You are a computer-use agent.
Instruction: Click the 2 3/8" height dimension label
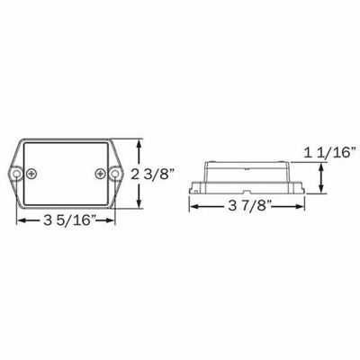tap(152, 173)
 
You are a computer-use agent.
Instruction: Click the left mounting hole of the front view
tap(16, 172)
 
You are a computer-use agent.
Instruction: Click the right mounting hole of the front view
tap(114, 172)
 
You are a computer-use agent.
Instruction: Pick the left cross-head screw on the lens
tap(32, 172)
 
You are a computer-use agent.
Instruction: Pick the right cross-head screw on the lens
tap(98, 172)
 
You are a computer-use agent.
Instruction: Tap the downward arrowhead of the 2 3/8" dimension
tap(138, 205)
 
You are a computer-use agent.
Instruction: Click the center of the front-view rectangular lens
tap(66, 172)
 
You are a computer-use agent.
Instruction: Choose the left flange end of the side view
tap(195, 190)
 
